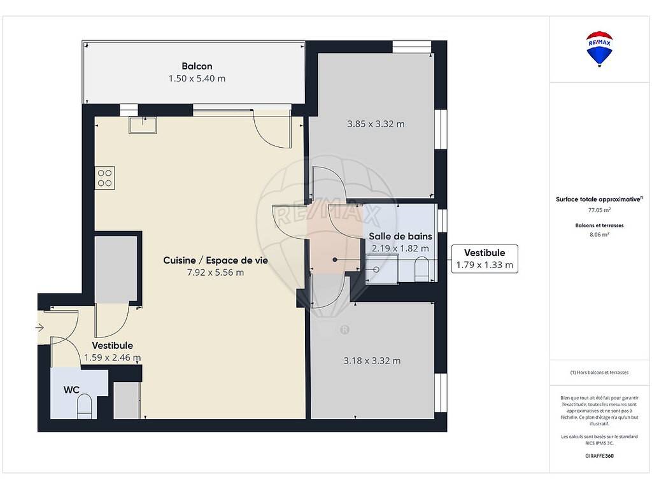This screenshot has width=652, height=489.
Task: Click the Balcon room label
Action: click(x=197, y=66)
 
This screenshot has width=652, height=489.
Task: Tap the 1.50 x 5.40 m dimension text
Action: click(x=197, y=78)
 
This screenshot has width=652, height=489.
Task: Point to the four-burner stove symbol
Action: click(x=105, y=178)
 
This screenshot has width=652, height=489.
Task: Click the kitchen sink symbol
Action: click(x=143, y=125)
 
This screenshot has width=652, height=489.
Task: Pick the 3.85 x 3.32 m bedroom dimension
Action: click(x=376, y=124)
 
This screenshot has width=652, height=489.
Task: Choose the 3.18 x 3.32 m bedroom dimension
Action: click(x=372, y=361)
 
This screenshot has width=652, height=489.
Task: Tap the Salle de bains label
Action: click(x=400, y=236)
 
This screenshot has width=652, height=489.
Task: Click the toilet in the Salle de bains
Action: click(x=422, y=269)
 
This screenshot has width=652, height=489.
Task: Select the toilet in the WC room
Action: click(x=85, y=406)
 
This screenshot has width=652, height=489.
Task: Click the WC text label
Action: click(x=71, y=390)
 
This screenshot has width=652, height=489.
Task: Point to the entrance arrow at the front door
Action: click(x=39, y=328)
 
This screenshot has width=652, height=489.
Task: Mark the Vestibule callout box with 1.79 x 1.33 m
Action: click(x=485, y=259)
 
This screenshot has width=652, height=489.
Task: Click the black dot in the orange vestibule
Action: click(x=335, y=260)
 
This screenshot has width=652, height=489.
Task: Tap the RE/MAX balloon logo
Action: click(x=599, y=48)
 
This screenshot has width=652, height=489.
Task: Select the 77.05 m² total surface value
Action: click(x=599, y=210)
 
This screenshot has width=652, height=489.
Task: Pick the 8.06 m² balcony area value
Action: click(x=599, y=234)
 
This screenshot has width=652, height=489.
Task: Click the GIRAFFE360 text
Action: click(x=599, y=456)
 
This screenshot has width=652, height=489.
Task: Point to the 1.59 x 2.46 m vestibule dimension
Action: click(x=112, y=358)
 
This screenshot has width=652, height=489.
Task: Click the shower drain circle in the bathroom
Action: click(x=376, y=269)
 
